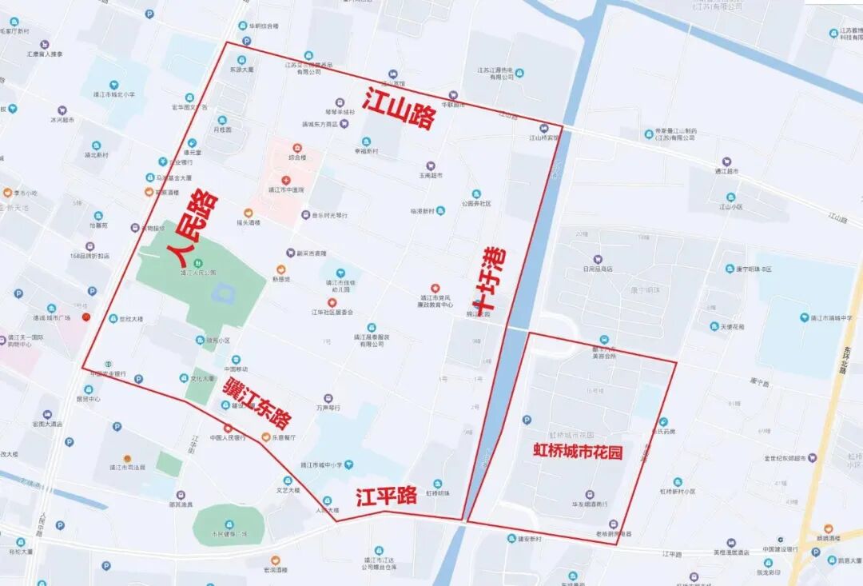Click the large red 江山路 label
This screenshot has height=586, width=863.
[x=400, y=110]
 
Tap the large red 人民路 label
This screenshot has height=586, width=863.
[x=193, y=229]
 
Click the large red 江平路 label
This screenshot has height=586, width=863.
[x=387, y=496]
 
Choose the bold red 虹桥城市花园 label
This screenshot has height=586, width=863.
[x=578, y=452]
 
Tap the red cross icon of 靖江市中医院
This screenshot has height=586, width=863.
[x=285, y=180]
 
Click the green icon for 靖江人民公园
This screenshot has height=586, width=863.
[x=198, y=264]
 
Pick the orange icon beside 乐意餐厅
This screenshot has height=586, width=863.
[x=266, y=437]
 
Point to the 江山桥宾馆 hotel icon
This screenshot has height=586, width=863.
[x=544, y=128]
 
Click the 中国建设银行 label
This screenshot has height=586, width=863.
[x=780, y=549]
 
